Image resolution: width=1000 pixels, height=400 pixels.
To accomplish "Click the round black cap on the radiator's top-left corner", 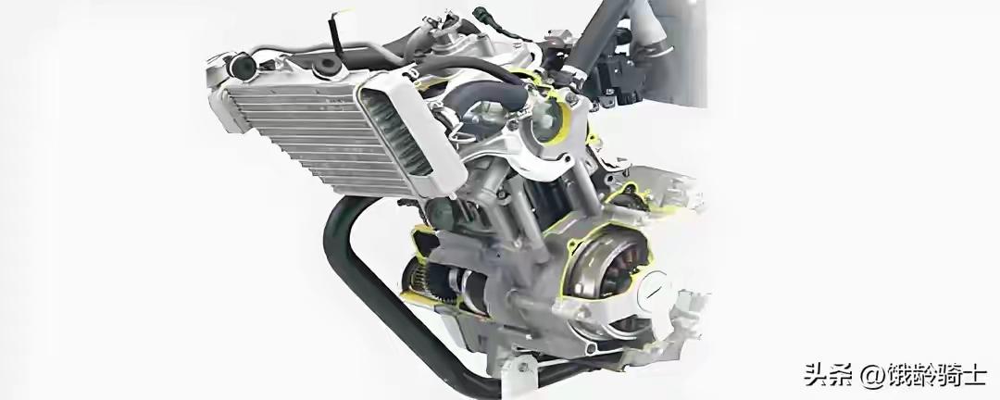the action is (243, 65).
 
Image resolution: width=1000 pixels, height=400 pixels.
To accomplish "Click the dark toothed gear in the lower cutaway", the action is (440, 281).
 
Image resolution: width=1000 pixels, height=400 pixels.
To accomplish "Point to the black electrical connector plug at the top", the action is (482, 14).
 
